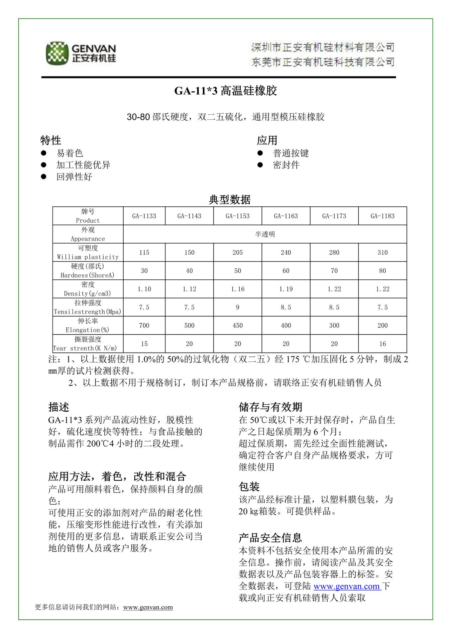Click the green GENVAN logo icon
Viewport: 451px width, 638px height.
(x=57, y=53)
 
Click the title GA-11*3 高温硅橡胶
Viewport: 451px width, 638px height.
(x=225, y=91)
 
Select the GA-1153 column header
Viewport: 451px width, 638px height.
(x=237, y=216)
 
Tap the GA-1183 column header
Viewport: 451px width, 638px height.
(x=382, y=216)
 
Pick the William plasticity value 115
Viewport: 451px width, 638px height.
(x=144, y=253)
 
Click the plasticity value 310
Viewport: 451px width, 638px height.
(x=382, y=253)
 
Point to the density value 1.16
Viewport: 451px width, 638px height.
(x=237, y=289)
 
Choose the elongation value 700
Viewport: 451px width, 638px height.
(x=144, y=326)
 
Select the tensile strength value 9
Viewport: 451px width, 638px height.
(x=237, y=307)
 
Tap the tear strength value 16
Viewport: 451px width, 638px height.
(x=382, y=344)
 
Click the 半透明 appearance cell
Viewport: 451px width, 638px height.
(x=265, y=234)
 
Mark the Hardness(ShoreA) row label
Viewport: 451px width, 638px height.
(x=88, y=271)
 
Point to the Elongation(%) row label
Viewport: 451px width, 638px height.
(x=88, y=326)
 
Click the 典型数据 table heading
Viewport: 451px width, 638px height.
(x=229, y=200)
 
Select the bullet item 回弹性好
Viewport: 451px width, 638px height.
(x=74, y=177)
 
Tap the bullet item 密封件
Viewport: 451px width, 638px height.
(x=286, y=165)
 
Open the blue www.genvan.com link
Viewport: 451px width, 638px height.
(x=346, y=586)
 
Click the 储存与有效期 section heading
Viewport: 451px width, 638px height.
(x=270, y=407)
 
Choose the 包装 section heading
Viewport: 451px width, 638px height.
(x=249, y=487)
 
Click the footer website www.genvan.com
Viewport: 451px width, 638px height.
(x=148, y=607)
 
